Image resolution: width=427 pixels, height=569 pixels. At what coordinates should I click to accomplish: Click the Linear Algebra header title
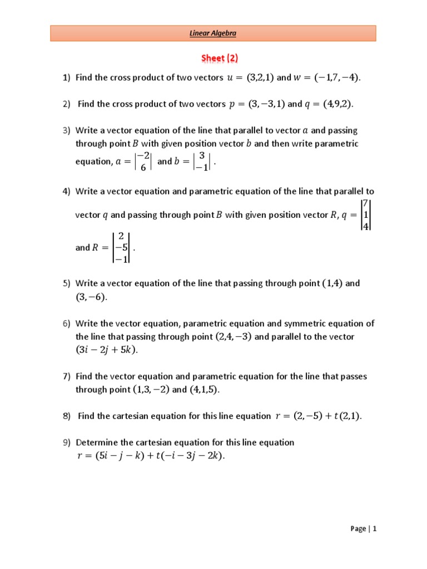213,33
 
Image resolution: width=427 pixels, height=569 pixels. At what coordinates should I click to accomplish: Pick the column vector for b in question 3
202,162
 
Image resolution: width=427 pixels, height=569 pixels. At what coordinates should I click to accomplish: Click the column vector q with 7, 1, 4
365,214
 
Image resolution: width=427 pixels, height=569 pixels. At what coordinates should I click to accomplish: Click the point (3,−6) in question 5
90,297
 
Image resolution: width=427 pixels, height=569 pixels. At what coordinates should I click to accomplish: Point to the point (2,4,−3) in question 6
234,337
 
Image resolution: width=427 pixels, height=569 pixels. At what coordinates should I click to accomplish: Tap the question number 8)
66,416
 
